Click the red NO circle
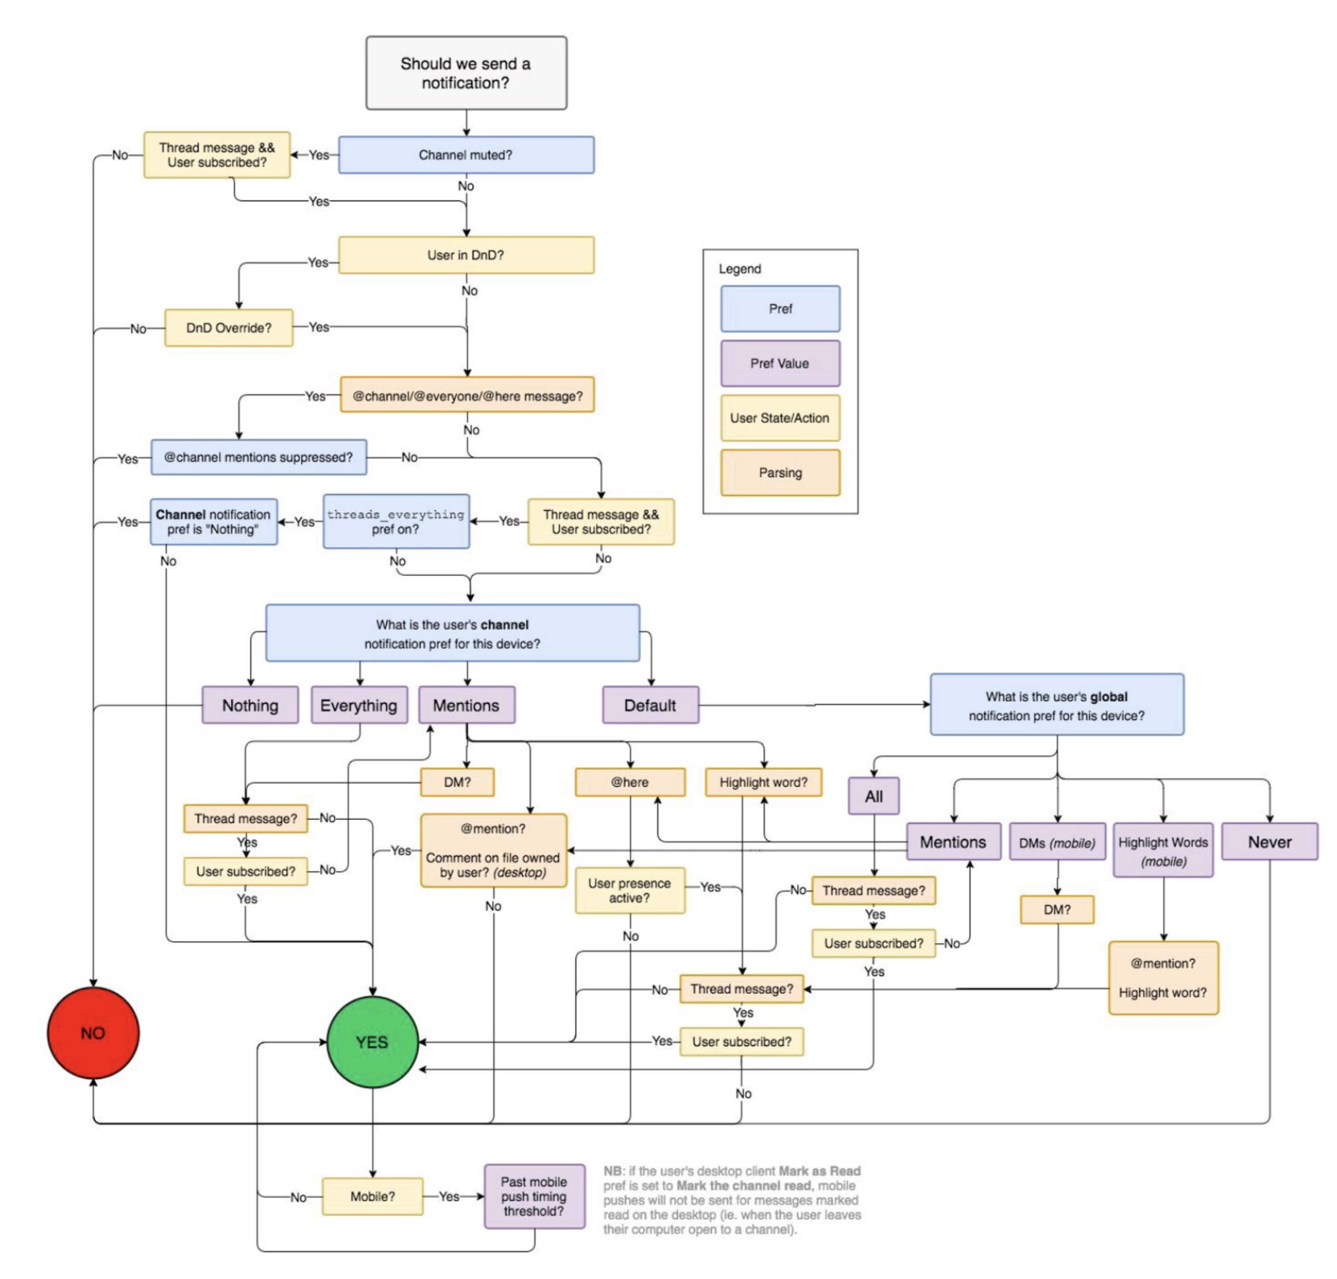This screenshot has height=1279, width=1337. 93,1033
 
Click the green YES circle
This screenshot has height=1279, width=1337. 372,1042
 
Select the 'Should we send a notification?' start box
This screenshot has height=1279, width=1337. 466,72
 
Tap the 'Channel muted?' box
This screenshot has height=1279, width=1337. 466,155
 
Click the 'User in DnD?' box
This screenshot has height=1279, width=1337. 466,255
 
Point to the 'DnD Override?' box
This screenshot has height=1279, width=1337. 229,328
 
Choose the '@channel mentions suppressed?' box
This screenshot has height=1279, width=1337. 259,457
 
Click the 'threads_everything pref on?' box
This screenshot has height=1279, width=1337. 396,522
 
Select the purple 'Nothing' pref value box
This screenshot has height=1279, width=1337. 250,706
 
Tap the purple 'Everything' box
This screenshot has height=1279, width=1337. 359,706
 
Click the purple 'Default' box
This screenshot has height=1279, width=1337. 651,706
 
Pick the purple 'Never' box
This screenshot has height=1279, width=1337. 1270,842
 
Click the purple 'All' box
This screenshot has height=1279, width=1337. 874,797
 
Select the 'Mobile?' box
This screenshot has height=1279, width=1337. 373,1197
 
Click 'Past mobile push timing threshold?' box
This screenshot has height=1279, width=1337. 535,1197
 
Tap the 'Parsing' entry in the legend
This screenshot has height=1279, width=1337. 780,473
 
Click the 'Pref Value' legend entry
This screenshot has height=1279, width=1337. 780,363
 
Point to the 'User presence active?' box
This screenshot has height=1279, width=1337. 630,891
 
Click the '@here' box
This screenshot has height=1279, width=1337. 630,782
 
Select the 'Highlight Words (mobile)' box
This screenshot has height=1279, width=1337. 1164,851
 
